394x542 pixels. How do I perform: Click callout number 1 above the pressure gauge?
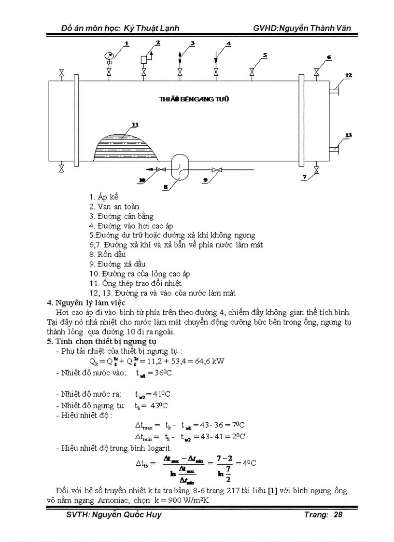tap(127, 44)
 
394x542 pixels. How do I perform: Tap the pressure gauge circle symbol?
tap(108, 56)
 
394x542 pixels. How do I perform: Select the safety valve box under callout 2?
tap(144, 59)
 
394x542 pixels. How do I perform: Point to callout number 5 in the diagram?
tap(265, 55)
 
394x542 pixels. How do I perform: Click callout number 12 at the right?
tap(348, 75)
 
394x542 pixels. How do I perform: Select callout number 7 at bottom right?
tap(305, 177)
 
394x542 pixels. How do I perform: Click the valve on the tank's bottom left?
tap(61, 168)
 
